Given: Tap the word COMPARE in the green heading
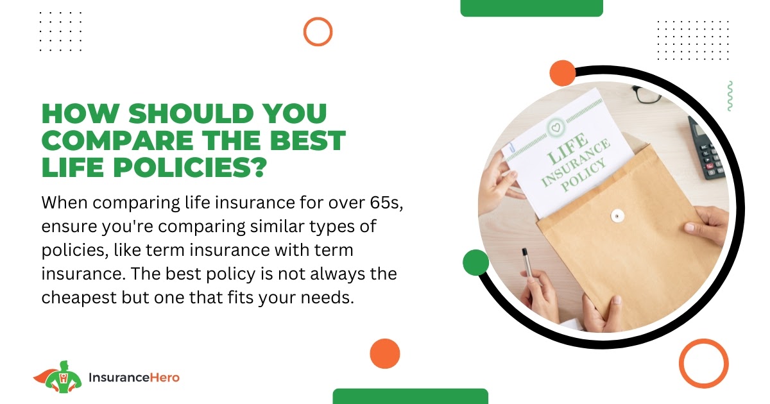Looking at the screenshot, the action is pos(117,140).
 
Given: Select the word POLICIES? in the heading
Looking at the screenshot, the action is pos(190,167).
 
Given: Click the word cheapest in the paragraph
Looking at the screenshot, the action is pos(79,298).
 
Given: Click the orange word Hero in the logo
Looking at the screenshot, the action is pos(165,378).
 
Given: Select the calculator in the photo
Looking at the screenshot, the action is pos(706,147).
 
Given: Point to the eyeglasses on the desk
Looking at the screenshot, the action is pos(646,94).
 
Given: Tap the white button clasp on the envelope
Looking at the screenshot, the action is pos(617,215).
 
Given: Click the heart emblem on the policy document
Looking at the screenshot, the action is pos(556,128).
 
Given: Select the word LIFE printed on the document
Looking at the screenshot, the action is pos(567,149).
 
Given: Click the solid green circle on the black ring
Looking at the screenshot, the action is pos(475,262).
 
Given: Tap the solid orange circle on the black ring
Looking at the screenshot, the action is pos(562,73).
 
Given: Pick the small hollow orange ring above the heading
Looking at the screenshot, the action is pos(318,19).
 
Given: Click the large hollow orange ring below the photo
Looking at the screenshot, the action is pos(704,341).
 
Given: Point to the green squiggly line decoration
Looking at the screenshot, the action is pos(730,96).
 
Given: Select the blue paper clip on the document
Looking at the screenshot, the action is pos(512,147).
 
